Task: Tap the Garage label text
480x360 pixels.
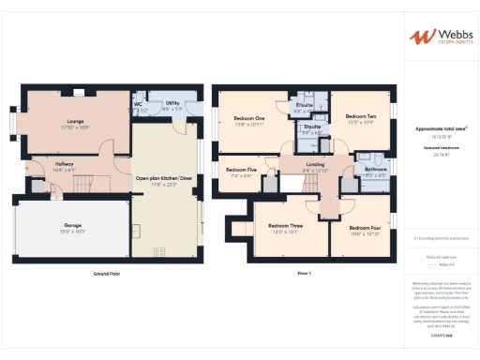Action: point(73,226)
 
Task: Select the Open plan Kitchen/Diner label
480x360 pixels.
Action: point(164,177)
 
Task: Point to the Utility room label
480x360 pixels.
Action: point(172,103)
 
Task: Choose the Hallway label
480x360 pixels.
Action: point(64,164)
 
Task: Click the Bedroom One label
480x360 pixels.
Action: point(249,117)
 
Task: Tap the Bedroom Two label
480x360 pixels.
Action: point(361,117)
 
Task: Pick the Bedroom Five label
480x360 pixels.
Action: point(241,171)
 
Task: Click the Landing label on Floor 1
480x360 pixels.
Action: point(315,165)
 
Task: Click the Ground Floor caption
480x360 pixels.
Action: point(106,273)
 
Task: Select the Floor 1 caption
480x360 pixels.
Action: point(303,273)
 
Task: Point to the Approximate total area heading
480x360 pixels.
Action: point(441,128)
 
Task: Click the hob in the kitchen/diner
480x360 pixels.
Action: point(159,250)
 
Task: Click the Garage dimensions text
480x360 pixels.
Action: point(73,232)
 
